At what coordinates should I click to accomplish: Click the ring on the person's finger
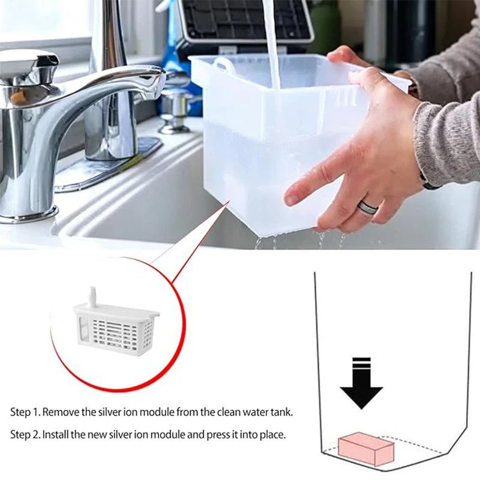[x=368, y=208]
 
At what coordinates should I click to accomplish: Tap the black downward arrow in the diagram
[x=362, y=383]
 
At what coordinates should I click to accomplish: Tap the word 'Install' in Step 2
[x=55, y=434]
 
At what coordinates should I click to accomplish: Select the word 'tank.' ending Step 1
[x=282, y=412]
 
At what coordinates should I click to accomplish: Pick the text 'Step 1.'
[x=25, y=412]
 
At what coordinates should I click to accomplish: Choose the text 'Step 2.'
[x=25, y=434]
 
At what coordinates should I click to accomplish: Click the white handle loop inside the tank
[x=223, y=65]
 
